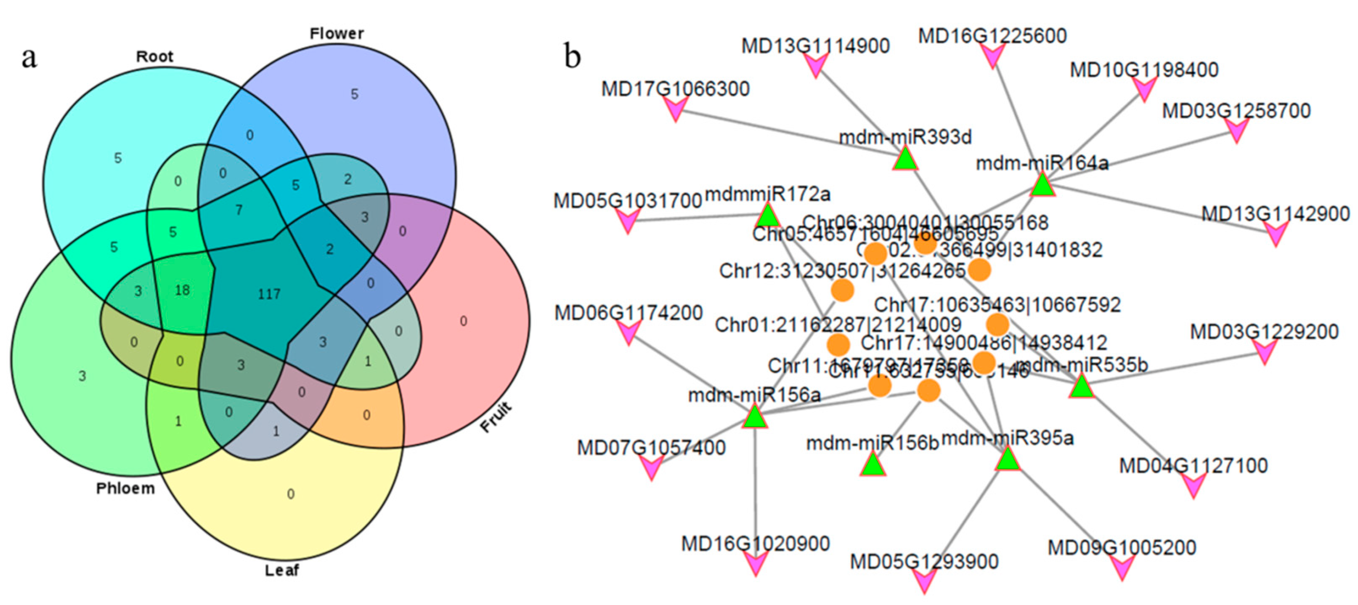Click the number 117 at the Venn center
(269, 294)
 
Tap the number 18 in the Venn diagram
(182, 290)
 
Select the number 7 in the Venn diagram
(239, 210)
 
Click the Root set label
(154, 56)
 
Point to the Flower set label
(336, 34)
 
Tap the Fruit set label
(496, 417)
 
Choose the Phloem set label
(125, 488)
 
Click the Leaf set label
(281, 570)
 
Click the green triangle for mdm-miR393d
(905, 159)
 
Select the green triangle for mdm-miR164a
(1042, 186)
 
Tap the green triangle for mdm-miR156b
(873, 465)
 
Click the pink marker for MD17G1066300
(675, 109)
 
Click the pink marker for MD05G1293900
(924, 581)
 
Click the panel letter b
(573, 56)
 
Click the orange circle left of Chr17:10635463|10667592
(842, 290)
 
